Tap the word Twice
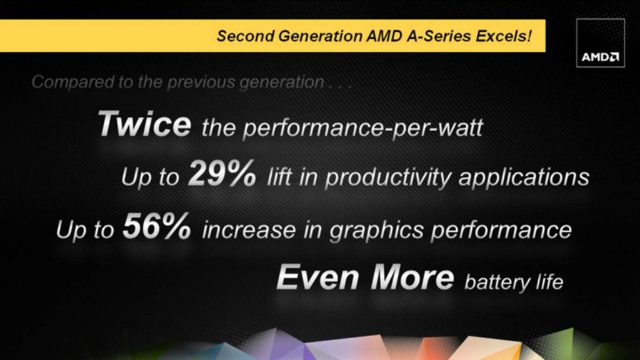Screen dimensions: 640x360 coord(144,124)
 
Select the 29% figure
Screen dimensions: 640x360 coord(222,174)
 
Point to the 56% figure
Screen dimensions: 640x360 coord(157,226)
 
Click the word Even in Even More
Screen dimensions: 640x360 coord(318,277)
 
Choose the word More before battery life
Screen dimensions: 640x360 coord(412,277)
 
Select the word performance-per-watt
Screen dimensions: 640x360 coord(363,128)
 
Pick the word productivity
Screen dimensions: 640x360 coord(388,178)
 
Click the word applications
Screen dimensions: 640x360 coord(524,178)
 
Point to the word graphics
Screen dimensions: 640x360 coord(376,231)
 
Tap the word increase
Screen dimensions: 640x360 coord(249,230)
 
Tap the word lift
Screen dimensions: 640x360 coord(279,177)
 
